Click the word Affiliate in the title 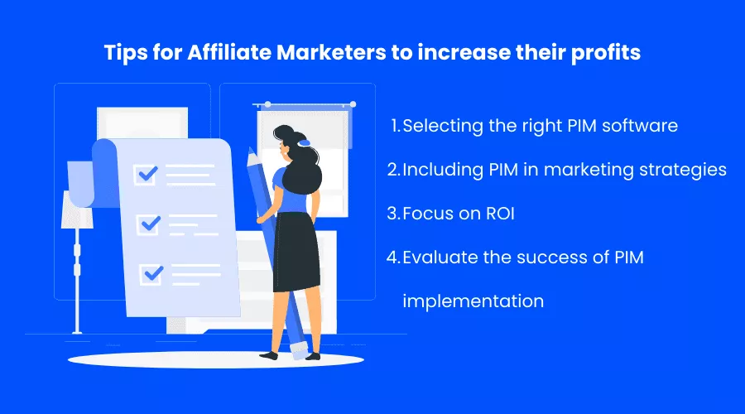229,52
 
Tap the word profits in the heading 605,53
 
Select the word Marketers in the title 331,52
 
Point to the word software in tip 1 640,126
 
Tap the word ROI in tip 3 500,214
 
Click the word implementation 473,301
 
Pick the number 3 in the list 392,214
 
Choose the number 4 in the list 393,258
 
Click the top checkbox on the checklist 146,175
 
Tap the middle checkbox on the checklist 149,224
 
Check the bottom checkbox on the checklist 151,274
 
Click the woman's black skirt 296,252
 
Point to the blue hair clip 304,142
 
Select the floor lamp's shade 76,209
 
